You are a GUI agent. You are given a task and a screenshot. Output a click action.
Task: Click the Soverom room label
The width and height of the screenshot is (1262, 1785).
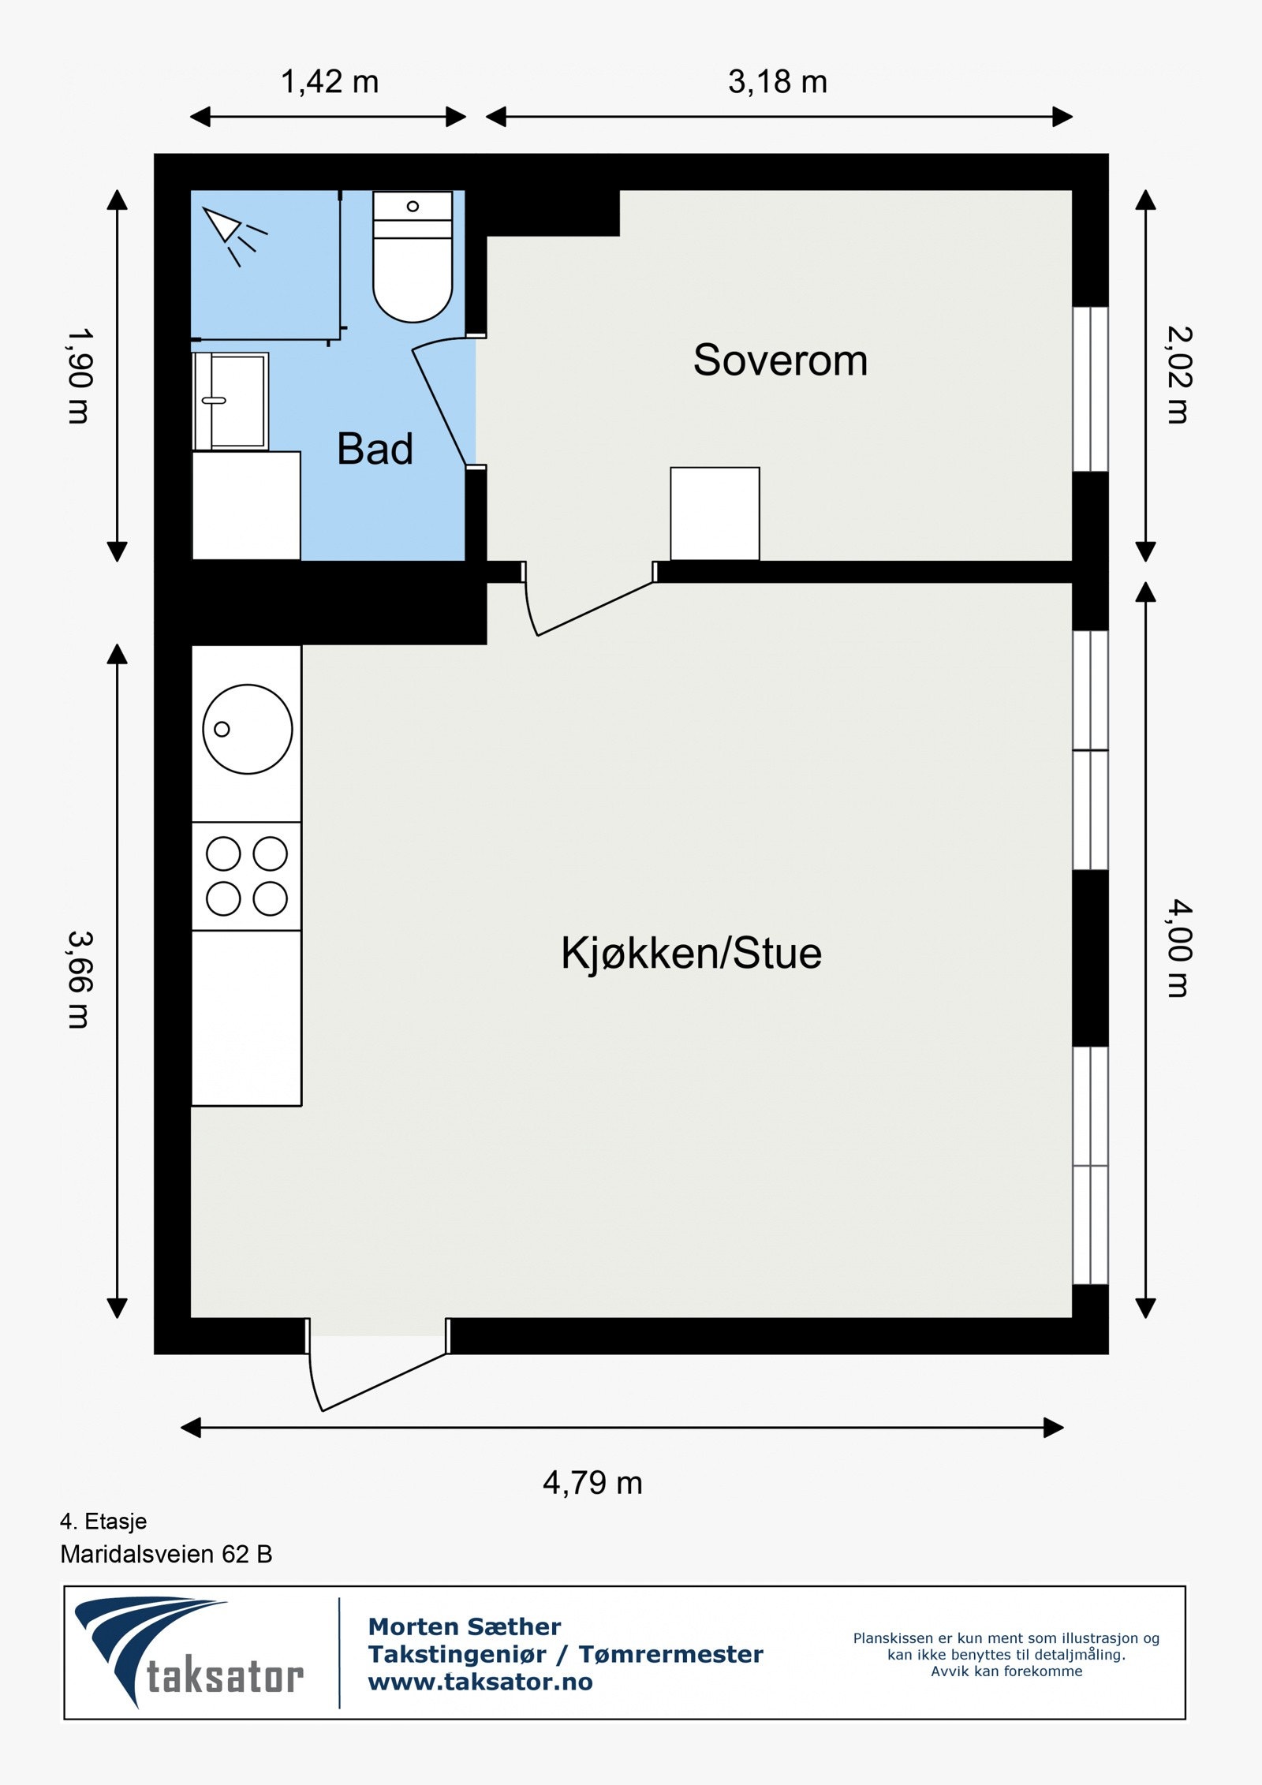coord(780,360)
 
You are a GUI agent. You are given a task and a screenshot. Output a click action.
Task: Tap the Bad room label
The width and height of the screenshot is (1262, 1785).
coord(375,450)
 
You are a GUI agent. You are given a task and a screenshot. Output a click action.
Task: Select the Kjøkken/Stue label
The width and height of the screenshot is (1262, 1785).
coord(691,953)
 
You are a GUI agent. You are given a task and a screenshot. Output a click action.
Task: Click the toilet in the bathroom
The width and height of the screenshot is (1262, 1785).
coord(413,260)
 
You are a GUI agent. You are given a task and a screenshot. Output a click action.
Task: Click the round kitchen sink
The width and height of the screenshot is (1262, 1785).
coord(248,729)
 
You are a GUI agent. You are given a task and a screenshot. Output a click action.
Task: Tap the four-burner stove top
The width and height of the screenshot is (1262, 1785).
coord(247,876)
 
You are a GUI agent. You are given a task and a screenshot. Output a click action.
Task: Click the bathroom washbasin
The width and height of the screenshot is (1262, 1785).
coord(233,401)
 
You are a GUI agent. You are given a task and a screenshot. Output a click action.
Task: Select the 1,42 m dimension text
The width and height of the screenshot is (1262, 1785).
coord(330,82)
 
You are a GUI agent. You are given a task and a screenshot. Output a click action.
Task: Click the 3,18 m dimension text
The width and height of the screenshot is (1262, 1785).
coord(778,82)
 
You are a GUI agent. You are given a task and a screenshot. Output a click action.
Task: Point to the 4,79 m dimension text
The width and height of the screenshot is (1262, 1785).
coord(592,1483)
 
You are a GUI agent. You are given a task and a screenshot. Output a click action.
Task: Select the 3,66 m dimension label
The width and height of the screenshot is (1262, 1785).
coord(80,980)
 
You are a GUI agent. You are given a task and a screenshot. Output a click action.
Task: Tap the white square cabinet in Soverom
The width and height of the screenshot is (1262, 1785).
coord(715,513)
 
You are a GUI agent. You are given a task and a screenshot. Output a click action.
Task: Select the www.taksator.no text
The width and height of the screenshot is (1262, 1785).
coord(480,1682)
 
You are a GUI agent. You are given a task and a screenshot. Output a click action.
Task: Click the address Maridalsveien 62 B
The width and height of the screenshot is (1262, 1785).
coord(166,1554)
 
